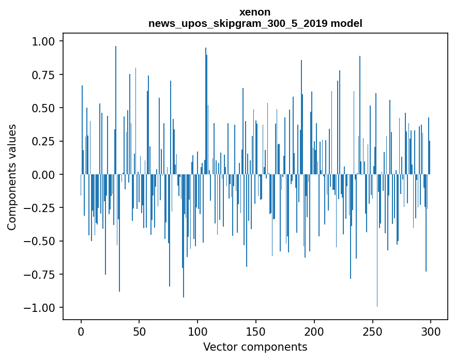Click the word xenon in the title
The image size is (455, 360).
point(255,12)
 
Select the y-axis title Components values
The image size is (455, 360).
point(12,177)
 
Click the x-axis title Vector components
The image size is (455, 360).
point(255,347)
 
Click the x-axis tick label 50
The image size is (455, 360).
point(139,332)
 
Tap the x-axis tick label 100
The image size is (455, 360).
point(198,332)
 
